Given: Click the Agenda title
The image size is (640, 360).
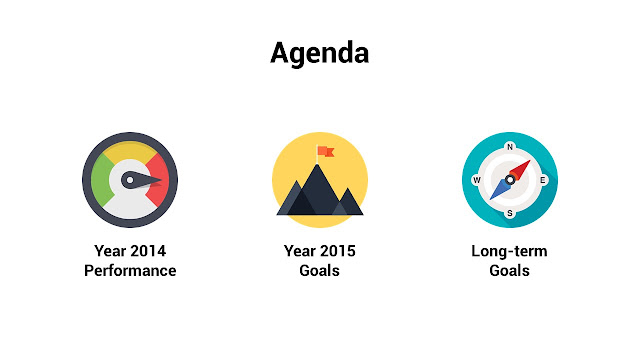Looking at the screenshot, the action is click(320, 54).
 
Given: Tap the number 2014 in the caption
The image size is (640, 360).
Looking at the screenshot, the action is click(147, 251).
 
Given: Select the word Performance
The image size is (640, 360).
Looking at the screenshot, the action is click(130, 271).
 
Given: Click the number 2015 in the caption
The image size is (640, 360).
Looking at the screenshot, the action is click(337, 251).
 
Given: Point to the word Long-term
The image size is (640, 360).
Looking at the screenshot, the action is click(509, 251).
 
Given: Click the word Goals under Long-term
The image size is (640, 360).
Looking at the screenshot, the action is click(509, 271).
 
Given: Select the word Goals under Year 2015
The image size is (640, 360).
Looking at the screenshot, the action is click(320, 271).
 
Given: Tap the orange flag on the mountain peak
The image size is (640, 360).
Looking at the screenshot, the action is click(326, 151).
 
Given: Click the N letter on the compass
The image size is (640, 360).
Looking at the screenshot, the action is click(510, 147).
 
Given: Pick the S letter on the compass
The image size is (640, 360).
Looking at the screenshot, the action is click(510, 213).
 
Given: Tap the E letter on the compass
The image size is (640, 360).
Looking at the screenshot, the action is click(543, 180).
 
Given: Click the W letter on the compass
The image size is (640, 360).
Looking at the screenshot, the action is click(476, 180).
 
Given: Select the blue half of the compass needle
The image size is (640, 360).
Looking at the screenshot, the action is click(500, 189).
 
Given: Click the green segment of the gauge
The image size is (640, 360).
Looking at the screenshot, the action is click(100, 180).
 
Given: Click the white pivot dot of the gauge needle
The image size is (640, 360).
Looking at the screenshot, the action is click(130, 180).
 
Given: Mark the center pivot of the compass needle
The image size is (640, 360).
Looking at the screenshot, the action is click(510, 180).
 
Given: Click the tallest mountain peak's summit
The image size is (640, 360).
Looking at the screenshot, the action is click(317, 164).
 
